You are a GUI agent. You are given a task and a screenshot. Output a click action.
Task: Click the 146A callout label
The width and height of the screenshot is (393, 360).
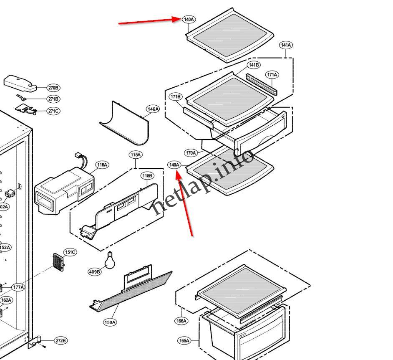pos(153,109)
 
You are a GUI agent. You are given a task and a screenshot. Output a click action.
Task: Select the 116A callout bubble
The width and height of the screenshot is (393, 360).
pos(102,165)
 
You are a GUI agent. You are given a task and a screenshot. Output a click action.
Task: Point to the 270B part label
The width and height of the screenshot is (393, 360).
pos(53,88)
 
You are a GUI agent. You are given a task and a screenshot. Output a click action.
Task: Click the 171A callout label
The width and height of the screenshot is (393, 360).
pos(272,75)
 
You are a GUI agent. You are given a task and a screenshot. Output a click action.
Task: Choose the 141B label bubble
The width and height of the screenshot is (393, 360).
pos(254,65)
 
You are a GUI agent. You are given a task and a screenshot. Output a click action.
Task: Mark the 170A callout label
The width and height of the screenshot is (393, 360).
pos(191,153)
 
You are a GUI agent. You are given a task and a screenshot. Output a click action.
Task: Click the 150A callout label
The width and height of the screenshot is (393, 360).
pos(110,322)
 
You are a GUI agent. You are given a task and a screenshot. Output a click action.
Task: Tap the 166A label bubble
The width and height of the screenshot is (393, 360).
pos(181,321)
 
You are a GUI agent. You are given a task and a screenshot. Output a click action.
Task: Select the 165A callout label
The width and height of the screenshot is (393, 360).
pos(184,341)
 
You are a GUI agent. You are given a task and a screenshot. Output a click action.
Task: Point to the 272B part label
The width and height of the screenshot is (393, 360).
pos(60,341)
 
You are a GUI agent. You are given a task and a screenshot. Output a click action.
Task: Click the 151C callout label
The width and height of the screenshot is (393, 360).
pos(70,252)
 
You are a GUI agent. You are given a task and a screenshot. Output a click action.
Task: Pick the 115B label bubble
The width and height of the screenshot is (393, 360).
pos(147,175)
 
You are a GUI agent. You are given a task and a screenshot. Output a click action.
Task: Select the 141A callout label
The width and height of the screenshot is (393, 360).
pos(286,45)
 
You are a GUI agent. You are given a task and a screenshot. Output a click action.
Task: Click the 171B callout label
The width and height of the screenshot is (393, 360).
pos(176,97)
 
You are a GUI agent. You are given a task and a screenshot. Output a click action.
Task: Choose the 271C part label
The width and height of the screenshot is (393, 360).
pos(53,111)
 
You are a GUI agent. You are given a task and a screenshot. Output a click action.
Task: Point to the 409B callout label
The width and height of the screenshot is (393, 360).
pos(95,272)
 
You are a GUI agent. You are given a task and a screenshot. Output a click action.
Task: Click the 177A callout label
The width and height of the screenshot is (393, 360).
pos(18,287)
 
